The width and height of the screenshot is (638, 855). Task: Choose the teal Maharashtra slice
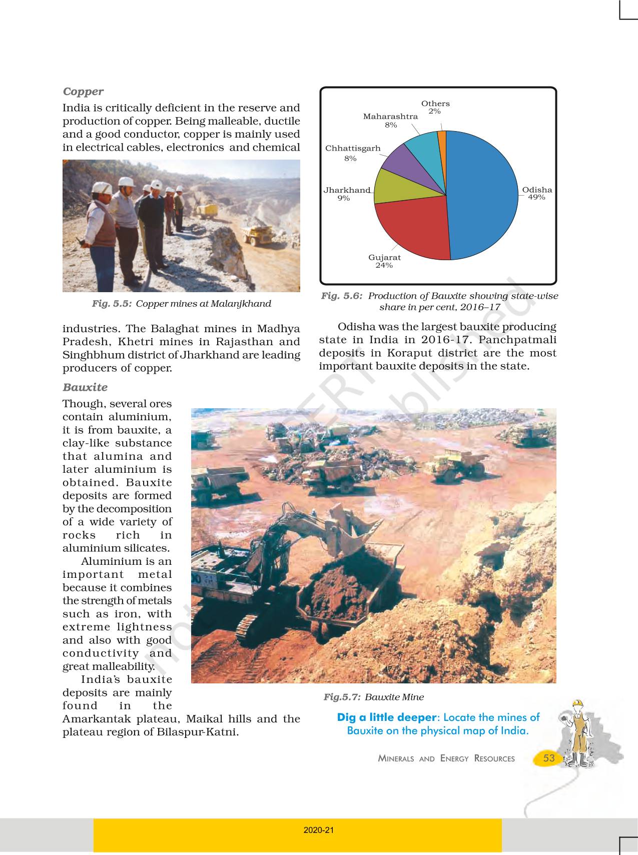423,145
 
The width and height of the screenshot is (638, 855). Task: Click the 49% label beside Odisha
536,198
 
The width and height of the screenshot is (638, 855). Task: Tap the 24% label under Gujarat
384,266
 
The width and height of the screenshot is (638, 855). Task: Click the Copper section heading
83,92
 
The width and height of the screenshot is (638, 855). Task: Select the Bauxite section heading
85,387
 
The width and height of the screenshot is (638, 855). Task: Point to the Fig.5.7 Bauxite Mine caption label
373,697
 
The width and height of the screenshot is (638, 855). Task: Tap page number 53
549,758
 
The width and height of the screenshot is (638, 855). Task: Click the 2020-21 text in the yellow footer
318,830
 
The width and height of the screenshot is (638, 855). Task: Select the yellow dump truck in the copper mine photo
258,234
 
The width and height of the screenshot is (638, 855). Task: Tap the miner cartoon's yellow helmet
578,703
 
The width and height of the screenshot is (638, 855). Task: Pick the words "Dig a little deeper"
386,717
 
